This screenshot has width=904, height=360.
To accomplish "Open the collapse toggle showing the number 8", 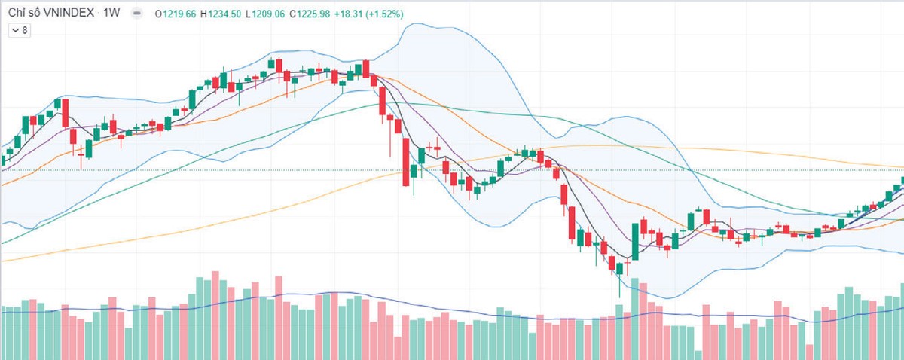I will [19, 31].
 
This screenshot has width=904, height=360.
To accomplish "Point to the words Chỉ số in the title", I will [23, 14].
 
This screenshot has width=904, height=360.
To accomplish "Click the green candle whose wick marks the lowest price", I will [620, 269].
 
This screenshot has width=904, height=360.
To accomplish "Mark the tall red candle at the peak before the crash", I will [366, 69].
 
